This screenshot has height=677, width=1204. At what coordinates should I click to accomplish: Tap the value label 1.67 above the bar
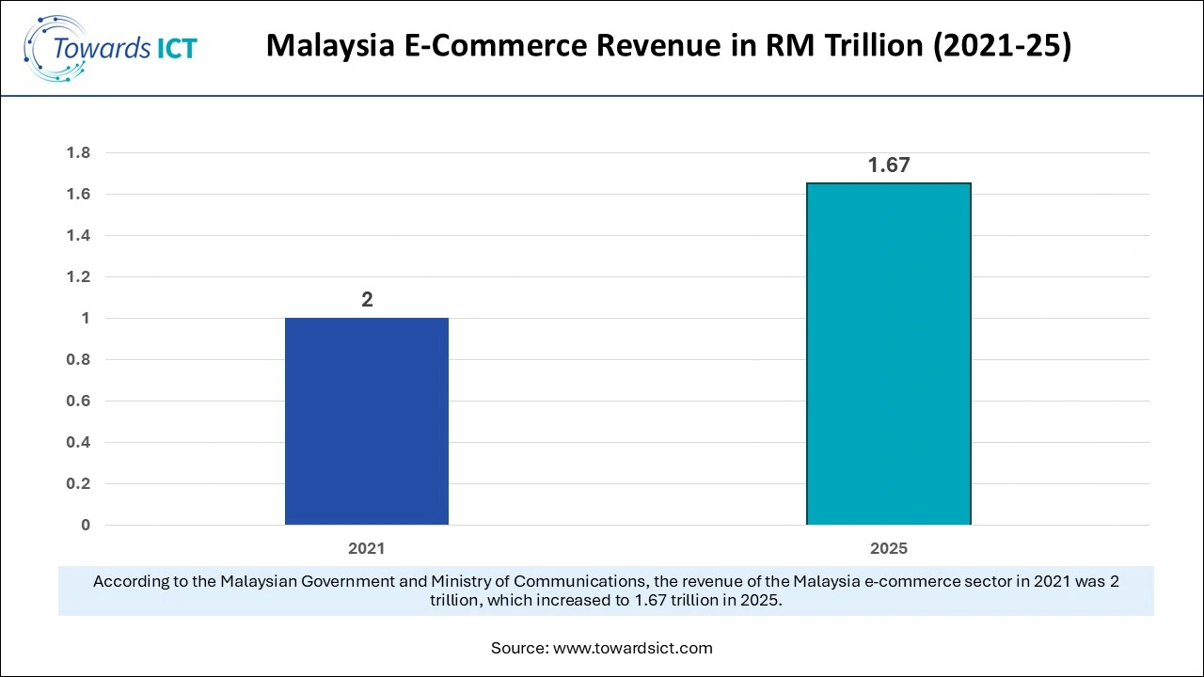pos(888,165)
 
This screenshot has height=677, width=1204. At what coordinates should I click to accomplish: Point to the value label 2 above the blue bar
pos(367,300)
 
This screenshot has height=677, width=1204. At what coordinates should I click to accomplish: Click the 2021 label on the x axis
pos(367,548)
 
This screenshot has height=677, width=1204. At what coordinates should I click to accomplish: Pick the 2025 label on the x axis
pos(888,548)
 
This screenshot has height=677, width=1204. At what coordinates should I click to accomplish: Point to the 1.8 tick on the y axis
pos(78,153)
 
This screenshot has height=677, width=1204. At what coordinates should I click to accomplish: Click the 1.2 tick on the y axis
pos(78,277)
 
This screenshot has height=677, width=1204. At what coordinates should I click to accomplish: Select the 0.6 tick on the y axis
pos(78,401)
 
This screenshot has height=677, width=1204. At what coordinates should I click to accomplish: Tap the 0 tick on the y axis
pos(86,526)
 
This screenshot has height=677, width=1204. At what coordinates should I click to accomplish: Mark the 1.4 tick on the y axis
pos(78,236)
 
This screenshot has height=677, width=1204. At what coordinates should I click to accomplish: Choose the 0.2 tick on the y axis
pos(78,484)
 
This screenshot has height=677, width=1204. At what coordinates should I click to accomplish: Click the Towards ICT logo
pos(110,46)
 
